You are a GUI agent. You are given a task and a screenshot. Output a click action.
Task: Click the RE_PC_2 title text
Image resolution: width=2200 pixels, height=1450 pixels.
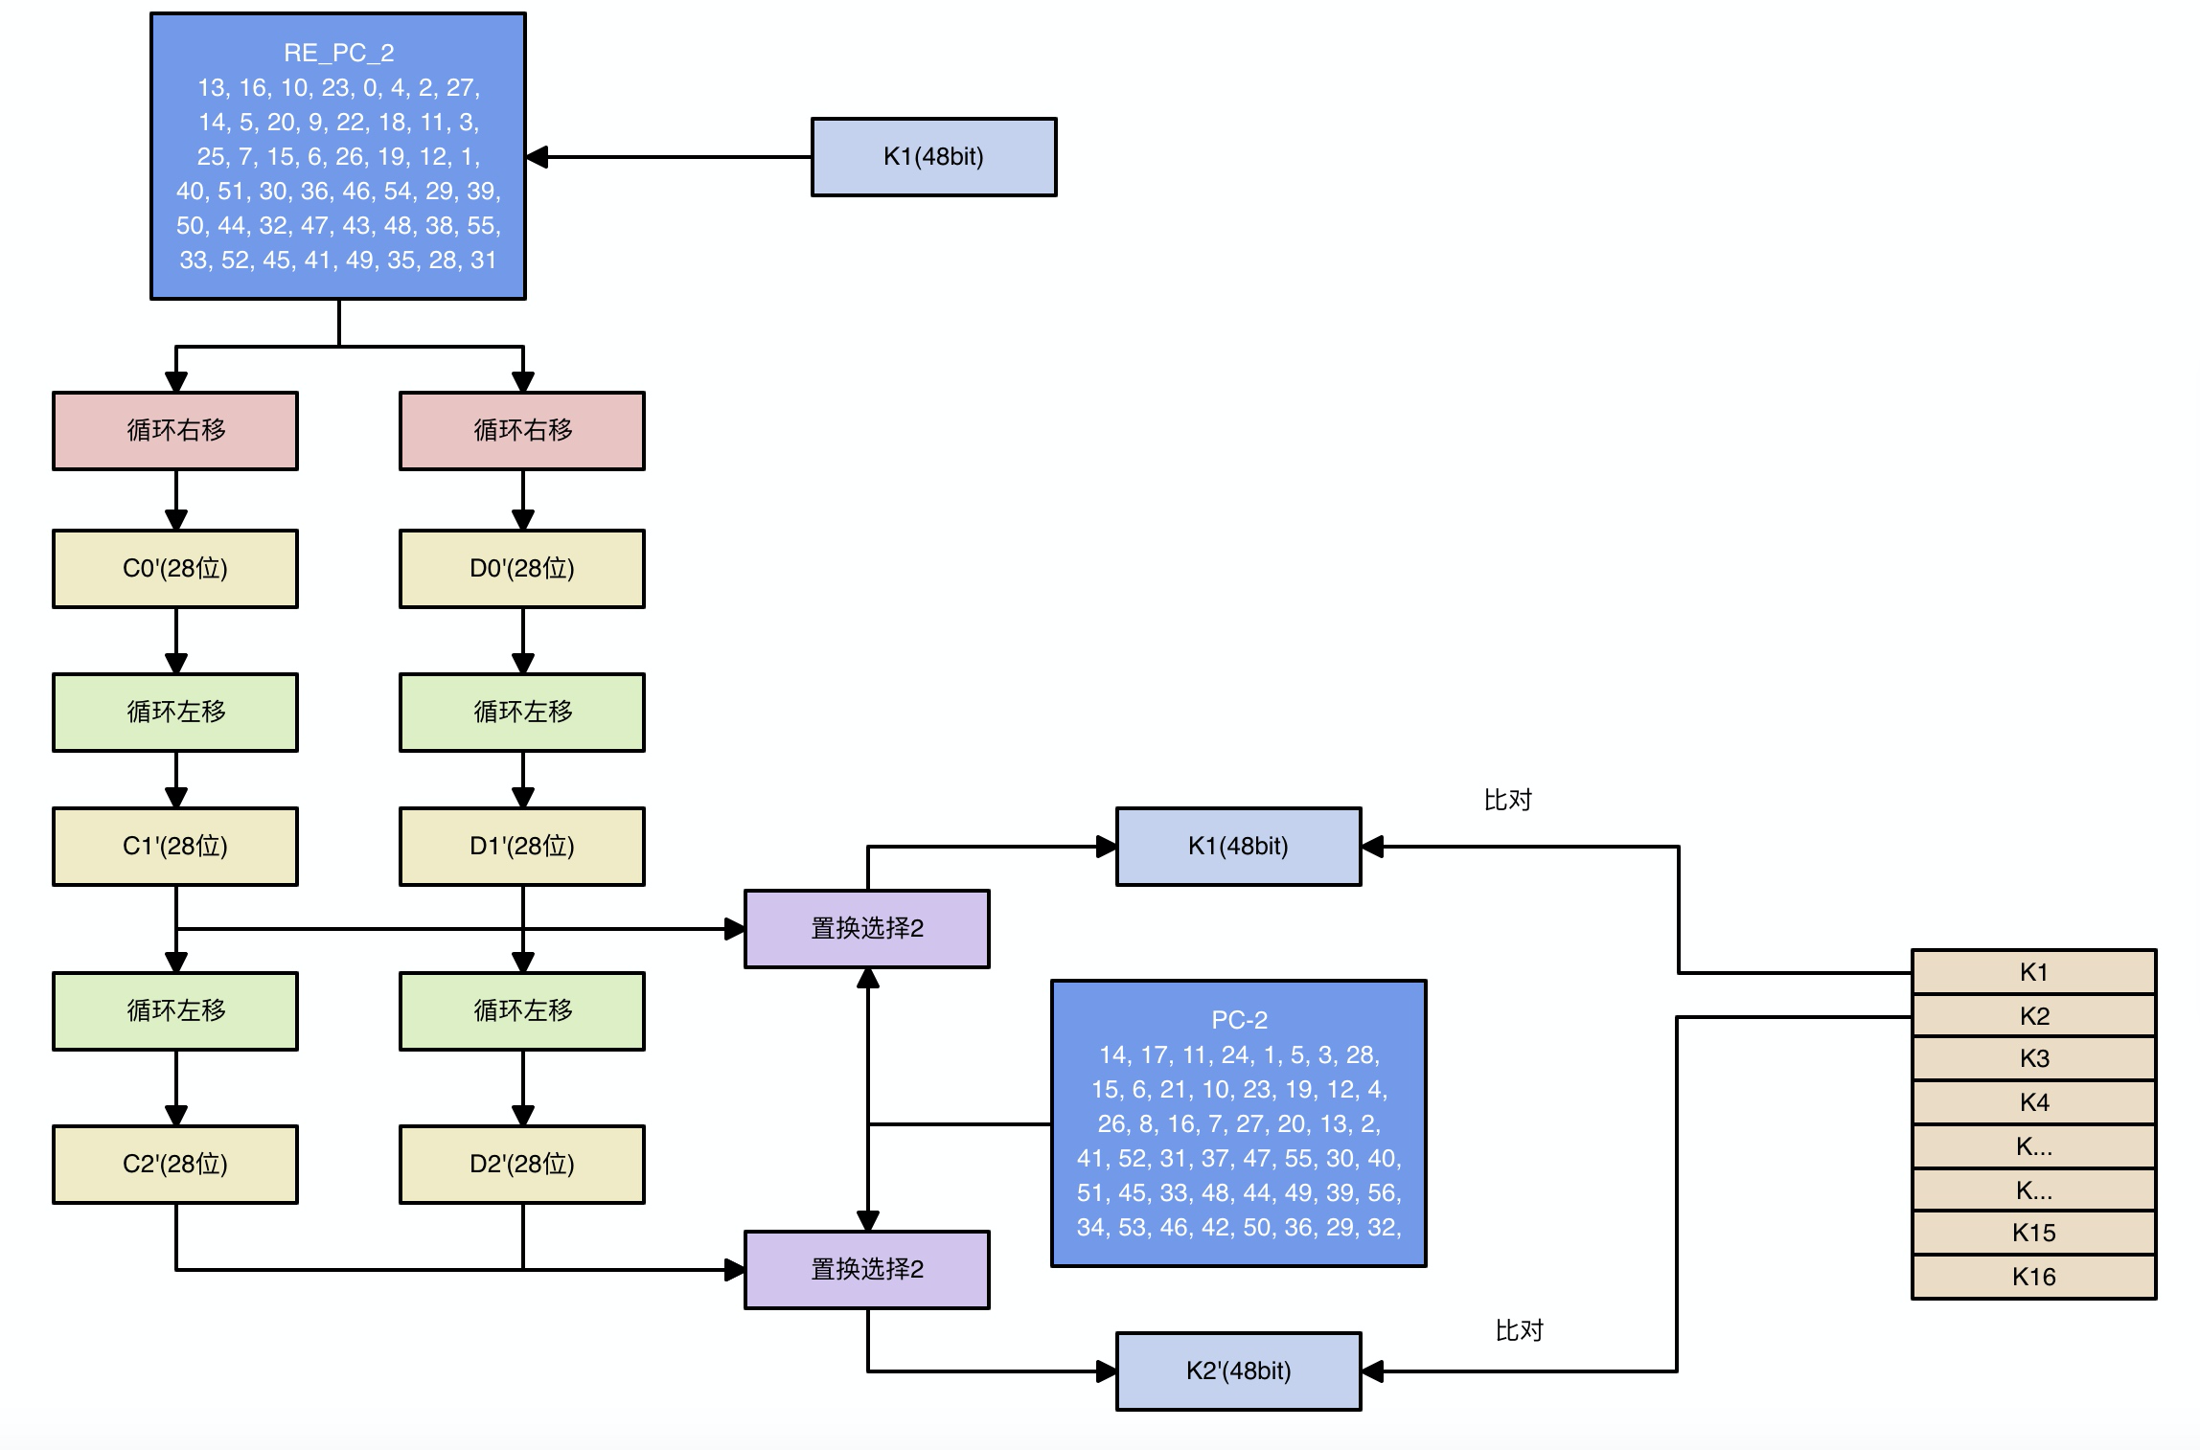pos(338,53)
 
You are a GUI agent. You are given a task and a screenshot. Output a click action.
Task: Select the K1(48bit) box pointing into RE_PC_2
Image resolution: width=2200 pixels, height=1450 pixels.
pos(934,157)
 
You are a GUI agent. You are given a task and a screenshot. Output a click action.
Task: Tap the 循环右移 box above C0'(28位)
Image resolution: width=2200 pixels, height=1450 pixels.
pos(175,430)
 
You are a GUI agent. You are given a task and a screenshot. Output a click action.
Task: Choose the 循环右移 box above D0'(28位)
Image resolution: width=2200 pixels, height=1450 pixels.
pos(522,430)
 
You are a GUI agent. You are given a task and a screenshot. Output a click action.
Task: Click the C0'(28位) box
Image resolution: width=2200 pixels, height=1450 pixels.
pos(175,569)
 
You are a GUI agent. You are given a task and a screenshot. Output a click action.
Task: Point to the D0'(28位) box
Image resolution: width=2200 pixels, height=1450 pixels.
pos(522,569)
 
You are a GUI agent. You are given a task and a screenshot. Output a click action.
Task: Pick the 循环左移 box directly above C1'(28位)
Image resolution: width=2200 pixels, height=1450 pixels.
pos(175,713)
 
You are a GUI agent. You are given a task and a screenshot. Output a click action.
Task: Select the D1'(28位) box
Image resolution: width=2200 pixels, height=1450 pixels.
pos(522,847)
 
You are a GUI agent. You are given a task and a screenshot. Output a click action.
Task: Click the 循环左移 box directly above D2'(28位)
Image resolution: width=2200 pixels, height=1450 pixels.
pos(522,1011)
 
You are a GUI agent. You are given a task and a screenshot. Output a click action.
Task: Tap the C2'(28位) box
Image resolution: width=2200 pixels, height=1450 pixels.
pos(175,1165)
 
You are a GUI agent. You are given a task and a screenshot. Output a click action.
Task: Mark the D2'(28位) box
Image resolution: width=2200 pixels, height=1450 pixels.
pos(522,1165)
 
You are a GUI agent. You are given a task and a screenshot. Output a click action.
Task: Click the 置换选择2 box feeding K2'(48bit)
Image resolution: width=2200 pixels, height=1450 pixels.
pos(867,1270)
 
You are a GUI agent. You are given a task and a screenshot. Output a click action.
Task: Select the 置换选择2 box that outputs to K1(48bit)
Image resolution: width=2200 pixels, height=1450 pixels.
pos(867,929)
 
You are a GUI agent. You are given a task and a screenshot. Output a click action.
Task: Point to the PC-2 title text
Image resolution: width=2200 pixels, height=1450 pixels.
pos(1239,1020)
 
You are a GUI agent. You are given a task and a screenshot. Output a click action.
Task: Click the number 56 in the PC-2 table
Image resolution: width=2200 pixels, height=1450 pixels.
pos(1384,1192)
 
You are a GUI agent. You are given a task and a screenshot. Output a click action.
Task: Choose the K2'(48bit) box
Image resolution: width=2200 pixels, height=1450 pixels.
pos(1239,1371)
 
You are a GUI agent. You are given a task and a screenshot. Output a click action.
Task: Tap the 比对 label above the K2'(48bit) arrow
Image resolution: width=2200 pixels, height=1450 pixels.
pos(1520,1330)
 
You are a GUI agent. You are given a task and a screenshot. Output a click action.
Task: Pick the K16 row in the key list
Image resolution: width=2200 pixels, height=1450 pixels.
pos(2034,1277)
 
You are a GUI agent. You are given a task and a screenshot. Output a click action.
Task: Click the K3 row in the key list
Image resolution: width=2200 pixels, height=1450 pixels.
pos(2034,1058)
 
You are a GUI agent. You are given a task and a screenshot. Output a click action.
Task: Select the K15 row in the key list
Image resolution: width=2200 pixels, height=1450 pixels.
pos(2034,1233)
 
